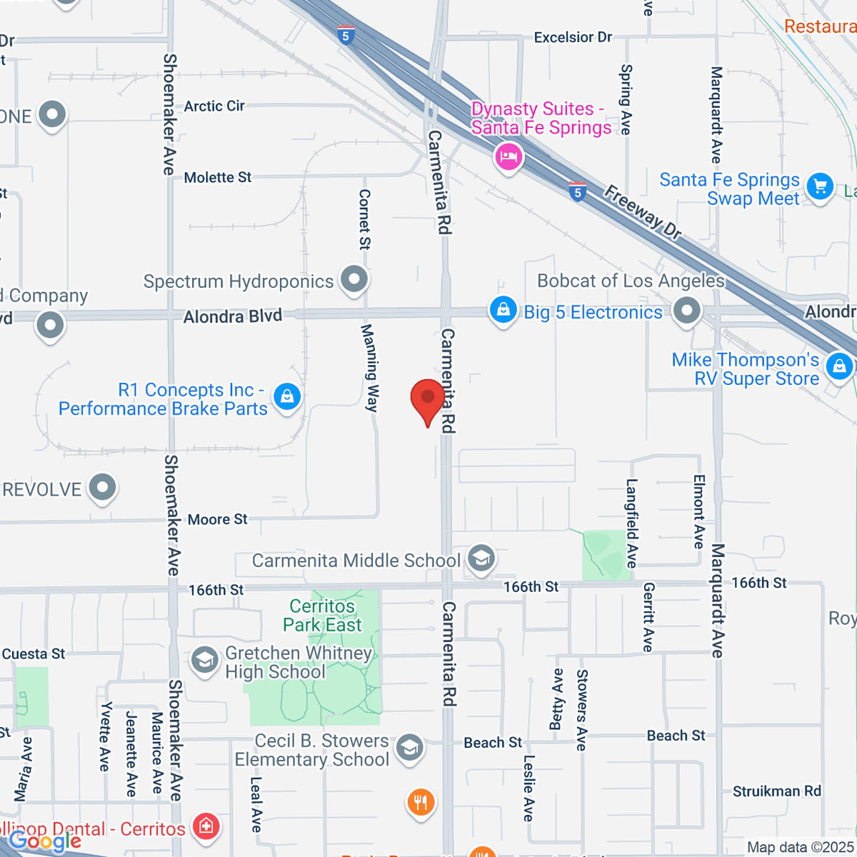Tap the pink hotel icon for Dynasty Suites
coord(508,156)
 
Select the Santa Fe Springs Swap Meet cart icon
coord(820,187)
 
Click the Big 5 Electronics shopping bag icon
coord(503,311)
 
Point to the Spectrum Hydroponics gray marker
coord(354,280)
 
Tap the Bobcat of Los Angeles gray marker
coord(687,311)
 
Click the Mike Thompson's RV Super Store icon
coord(839,366)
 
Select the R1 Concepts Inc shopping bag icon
coord(287,396)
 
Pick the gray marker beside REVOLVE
coord(102,488)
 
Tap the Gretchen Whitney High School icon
coord(205,661)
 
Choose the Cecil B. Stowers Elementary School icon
coord(409,748)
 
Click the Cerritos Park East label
coord(322,616)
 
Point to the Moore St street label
coord(217,519)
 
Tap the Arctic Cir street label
coord(214,106)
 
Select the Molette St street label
coord(218,177)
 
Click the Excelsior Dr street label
coord(573,37)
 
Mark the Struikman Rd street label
coord(777,791)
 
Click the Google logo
coord(44,841)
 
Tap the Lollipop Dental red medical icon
coord(206,827)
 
